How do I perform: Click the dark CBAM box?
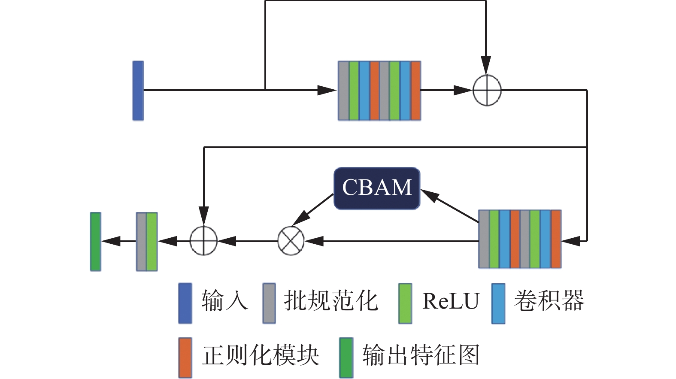pos(377,188)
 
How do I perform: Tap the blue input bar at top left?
pos(138,91)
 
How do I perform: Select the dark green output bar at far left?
pos(96,242)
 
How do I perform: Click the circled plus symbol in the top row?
pos(487,91)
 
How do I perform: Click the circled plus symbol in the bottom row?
pos(204,241)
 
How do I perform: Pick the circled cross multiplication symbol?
pos(291,241)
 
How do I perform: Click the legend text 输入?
pos(224,300)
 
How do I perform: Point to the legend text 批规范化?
pos(330,300)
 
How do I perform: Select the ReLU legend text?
pos(450,300)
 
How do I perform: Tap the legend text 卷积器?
pos(549,300)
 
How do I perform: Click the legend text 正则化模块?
pos(261,355)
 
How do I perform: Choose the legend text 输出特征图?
pos(421,355)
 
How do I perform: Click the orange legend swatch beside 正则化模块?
pos(185,358)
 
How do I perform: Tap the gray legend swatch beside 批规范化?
pos(269,303)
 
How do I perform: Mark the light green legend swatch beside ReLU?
pos(405,303)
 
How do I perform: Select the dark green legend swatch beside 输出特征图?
pos(346,358)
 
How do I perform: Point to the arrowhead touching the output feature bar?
pos(109,241)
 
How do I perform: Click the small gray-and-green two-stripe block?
pos(147,242)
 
